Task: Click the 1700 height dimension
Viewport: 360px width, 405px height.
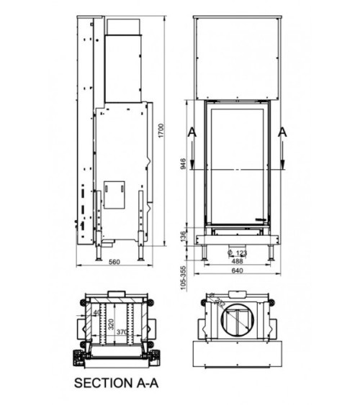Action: point(162,131)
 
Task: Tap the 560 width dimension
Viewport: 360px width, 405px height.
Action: point(113,262)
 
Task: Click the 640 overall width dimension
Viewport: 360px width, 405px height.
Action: point(235,271)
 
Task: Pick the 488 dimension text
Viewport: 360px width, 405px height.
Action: point(235,262)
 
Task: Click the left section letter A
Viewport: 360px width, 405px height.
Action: point(191,132)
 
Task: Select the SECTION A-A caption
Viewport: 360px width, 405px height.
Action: point(118,384)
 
